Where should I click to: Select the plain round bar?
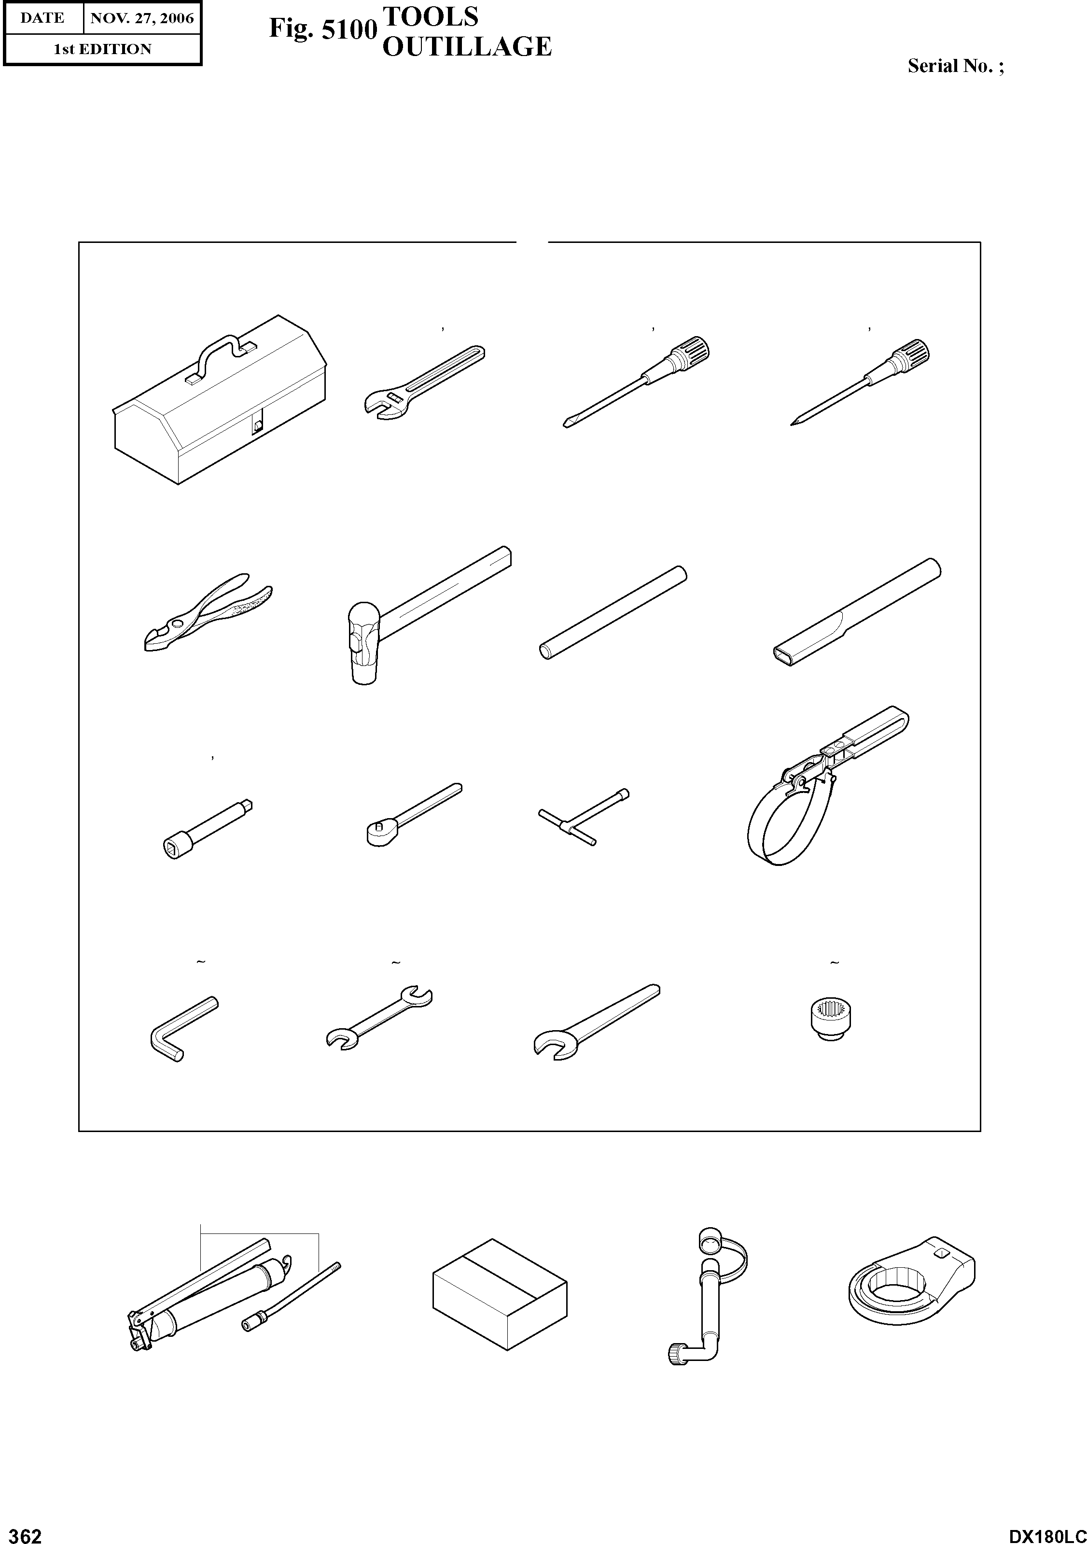click(x=613, y=612)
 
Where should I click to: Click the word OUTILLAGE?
click(x=467, y=46)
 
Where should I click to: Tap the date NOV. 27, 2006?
click(x=142, y=18)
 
